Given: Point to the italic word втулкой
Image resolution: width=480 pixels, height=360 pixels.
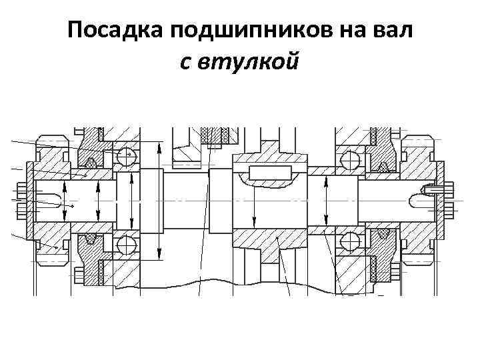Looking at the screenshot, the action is pos(241,62).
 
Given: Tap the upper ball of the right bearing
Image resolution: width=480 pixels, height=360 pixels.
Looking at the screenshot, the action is pos(349,159).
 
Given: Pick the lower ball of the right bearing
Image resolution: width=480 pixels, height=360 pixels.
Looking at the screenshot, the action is pos(349,241).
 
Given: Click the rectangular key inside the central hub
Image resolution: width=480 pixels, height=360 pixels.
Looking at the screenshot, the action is pos(269,173).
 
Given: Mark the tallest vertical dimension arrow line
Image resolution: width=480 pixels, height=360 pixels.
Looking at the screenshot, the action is pos(159,200).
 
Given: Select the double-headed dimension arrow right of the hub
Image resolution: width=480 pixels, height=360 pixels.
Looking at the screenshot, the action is pos(325,201).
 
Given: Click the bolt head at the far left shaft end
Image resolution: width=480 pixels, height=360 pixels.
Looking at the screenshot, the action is pos(21,200).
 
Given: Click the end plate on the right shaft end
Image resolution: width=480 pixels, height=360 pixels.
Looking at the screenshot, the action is pos(441,199).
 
